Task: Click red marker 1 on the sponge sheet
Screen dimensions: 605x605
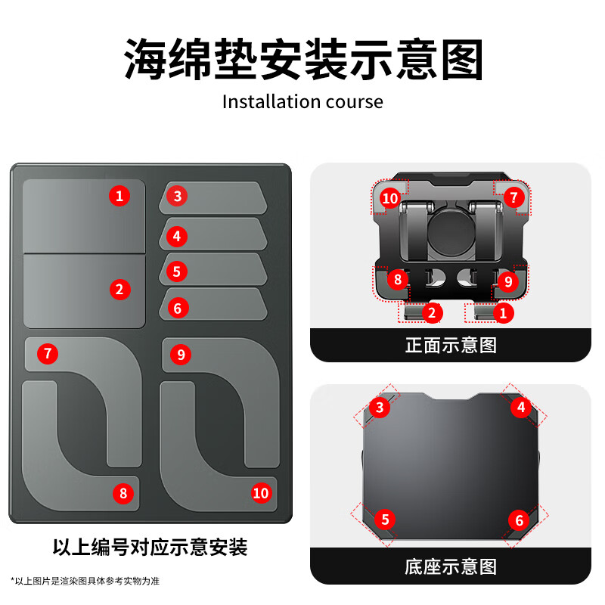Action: (119, 197)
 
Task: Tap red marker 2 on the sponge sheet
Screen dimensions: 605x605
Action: (119, 288)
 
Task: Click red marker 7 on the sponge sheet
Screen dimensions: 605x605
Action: (48, 353)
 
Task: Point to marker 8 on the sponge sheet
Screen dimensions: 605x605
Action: (123, 494)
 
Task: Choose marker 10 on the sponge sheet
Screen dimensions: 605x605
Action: (261, 493)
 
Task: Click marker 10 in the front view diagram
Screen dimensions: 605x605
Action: (389, 198)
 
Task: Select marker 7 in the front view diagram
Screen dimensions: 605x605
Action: (513, 198)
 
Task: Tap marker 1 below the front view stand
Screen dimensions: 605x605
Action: (503, 311)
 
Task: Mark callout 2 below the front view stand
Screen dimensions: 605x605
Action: (431, 311)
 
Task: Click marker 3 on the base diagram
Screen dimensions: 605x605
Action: (380, 408)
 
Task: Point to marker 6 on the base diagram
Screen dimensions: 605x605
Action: (519, 520)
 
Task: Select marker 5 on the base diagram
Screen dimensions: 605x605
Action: (385, 520)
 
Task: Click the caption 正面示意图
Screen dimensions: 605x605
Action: (451, 346)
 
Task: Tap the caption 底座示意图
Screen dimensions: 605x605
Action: (451, 566)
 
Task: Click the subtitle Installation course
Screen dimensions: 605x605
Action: (302, 101)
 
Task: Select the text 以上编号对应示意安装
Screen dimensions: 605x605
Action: (150, 547)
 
